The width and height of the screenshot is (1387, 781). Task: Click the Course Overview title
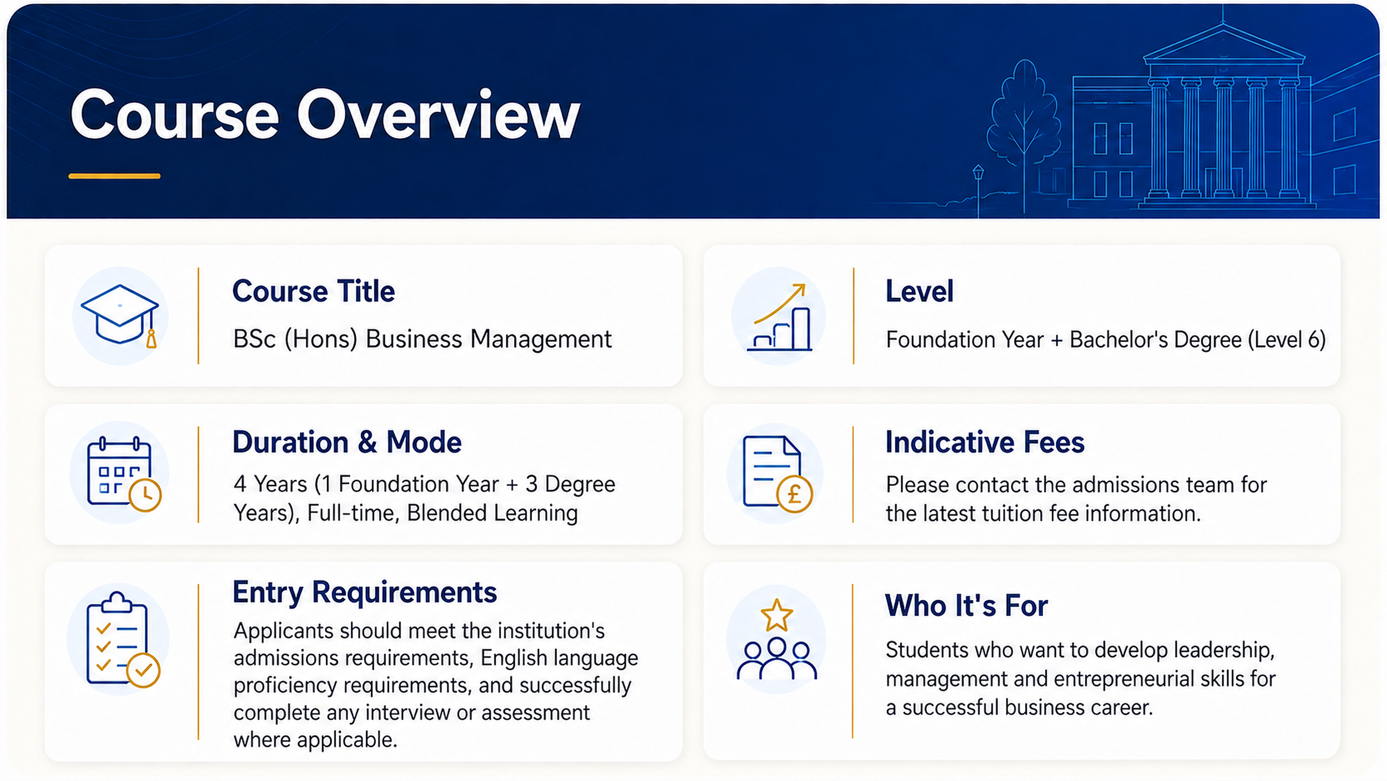(x=325, y=115)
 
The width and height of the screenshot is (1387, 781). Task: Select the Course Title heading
(x=314, y=291)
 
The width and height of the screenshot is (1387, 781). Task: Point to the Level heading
(x=919, y=291)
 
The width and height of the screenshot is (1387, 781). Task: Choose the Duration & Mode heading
(x=347, y=442)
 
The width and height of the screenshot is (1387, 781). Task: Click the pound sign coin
(x=794, y=494)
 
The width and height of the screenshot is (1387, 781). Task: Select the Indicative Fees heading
(x=985, y=442)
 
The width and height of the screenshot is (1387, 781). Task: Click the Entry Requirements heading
(x=365, y=593)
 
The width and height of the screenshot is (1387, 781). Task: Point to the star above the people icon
(x=776, y=615)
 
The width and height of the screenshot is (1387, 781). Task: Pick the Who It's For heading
(x=966, y=605)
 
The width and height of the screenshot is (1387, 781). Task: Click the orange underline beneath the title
(x=114, y=176)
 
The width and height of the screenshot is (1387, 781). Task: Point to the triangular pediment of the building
(x=1223, y=43)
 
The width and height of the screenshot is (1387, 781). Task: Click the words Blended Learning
(x=492, y=513)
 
